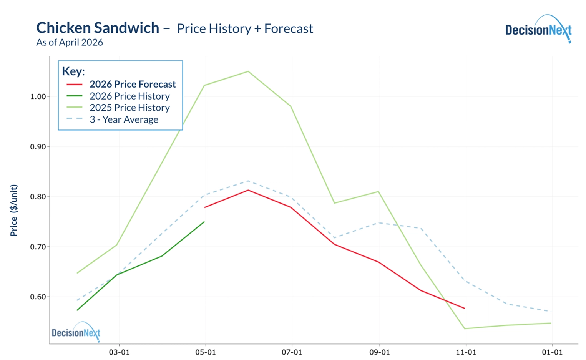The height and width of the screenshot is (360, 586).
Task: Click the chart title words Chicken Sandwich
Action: point(98,28)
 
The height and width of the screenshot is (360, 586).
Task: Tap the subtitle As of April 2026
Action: point(70,42)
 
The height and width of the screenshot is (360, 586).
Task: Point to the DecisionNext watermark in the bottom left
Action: point(76,332)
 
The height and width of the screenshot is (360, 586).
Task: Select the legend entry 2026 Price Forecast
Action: point(133,84)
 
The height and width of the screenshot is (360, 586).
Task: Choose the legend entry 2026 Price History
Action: point(129,96)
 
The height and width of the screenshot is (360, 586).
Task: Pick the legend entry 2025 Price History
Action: point(129,108)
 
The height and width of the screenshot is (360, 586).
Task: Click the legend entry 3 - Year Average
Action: point(124,119)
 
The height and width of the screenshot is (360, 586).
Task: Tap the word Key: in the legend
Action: point(73,71)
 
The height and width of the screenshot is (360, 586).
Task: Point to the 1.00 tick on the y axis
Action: point(38,96)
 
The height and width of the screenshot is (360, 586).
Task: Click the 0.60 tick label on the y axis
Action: point(38,297)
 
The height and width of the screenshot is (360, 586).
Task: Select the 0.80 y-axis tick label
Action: point(38,197)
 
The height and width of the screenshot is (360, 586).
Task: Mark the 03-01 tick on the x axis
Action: point(119,352)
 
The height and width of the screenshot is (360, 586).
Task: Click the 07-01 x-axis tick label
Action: point(292,352)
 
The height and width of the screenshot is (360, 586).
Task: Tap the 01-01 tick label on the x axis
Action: point(552,352)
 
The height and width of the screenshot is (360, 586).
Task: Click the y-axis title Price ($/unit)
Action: point(14,210)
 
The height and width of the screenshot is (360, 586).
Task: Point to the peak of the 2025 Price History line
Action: point(248,71)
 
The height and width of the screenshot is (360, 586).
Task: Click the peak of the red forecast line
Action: point(248,190)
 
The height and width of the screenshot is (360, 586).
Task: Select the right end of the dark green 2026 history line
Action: point(204,222)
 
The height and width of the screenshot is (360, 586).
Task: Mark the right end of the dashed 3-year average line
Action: point(551,311)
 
